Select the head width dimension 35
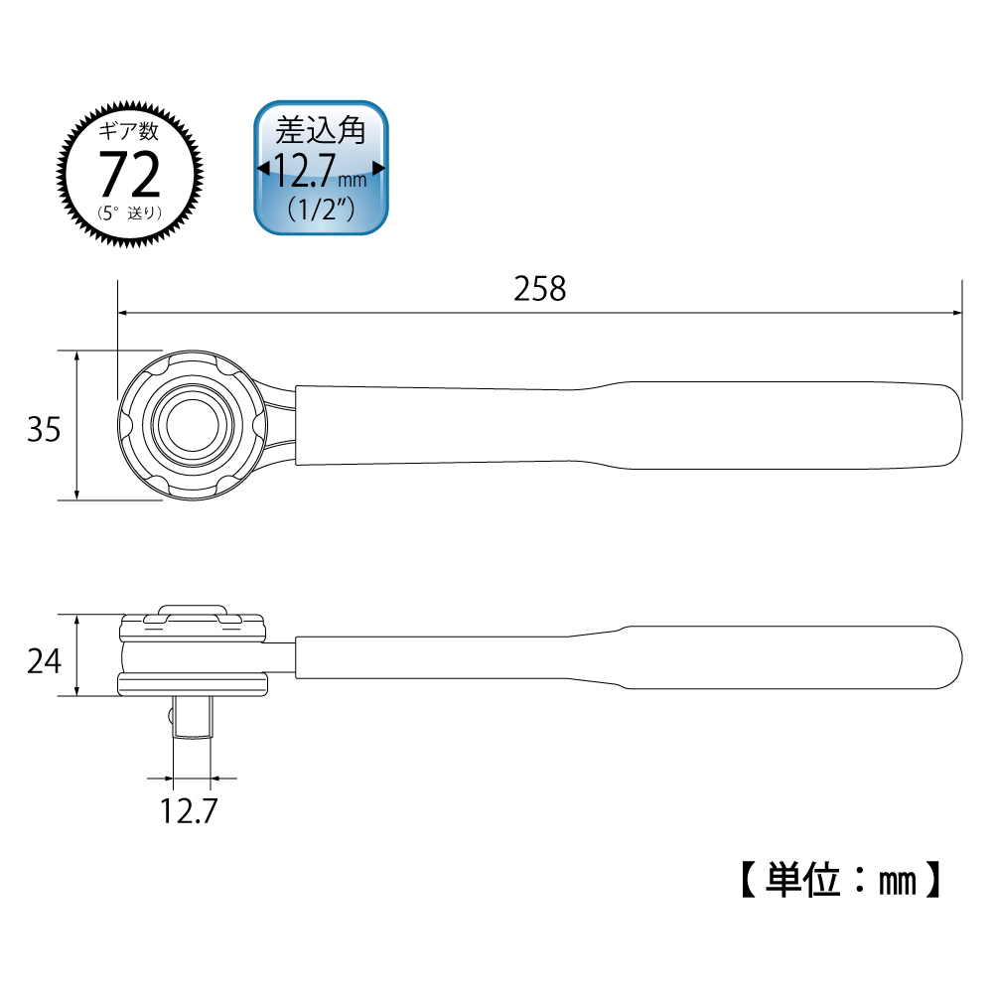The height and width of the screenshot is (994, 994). [44, 428]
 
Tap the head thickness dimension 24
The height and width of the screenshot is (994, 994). [44, 660]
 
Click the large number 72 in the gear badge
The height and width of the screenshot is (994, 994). [131, 176]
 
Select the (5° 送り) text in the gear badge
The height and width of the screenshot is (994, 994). [131, 212]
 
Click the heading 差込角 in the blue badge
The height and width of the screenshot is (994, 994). [321, 130]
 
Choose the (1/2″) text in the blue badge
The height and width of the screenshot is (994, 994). [321, 210]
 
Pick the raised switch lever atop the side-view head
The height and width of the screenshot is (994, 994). [192, 610]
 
